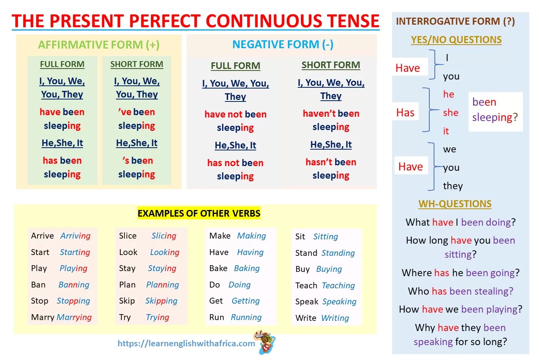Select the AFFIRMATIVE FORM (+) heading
pyautogui.click(x=99, y=45)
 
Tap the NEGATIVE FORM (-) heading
pyautogui.click(x=283, y=44)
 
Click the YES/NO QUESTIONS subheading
pyautogui.click(x=456, y=40)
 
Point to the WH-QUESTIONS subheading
pyautogui.click(x=455, y=204)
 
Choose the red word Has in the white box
pyautogui.click(x=405, y=112)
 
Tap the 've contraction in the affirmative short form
pyautogui.click(x=125, y=112)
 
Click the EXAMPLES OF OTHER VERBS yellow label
pyautogui.click(x=199, y=213)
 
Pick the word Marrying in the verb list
pyautogui.click(x=74, y=317)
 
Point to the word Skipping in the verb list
pyautogui.click(x=161, y=301)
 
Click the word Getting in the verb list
pyautogui.click(x=246, y=301)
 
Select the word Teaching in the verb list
pyautogui.click(x=338, y=286)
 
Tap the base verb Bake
pyautogui.click(x=218, y=268)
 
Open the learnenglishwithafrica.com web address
pyautogui.click(x=186, y=344)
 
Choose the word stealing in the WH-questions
pyautogui.click(x=494, y=291)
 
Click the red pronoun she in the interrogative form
pyautogui.click(x=451, y=112)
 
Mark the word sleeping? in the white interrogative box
pyautogui.click(x=495, y=118)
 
